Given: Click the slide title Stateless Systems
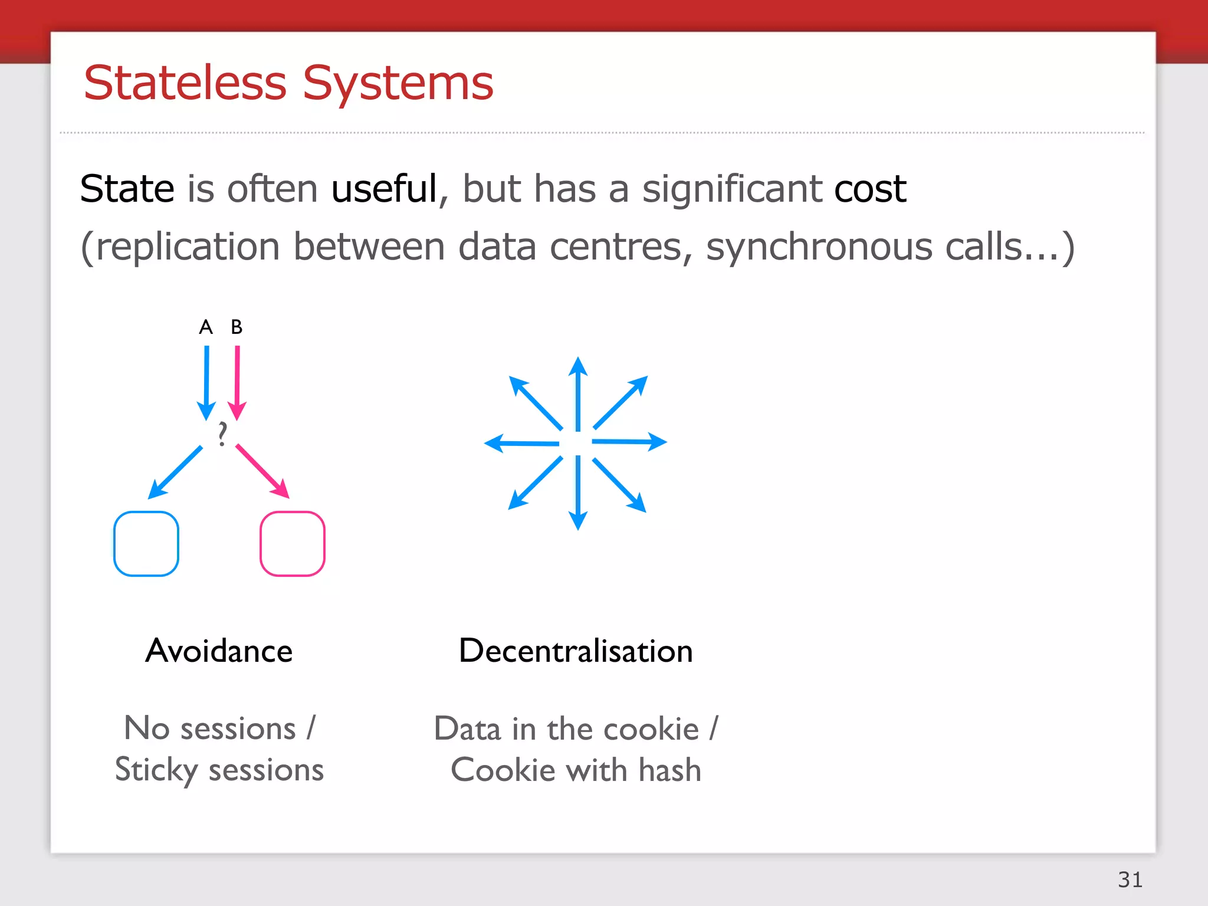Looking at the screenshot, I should tap(288, 83).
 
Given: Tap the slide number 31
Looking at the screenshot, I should tap(1130, 879).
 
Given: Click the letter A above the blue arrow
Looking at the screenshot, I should tap(206, 327).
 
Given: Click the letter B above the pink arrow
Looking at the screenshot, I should tap(237, 327).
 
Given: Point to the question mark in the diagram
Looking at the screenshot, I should tap(222, 434).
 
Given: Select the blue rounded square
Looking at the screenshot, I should tap(146, 544).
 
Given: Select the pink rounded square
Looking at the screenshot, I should tap(293, 544).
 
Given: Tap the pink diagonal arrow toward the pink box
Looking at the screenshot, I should tap(262, 471).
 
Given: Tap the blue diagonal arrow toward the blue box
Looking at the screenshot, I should tap(175, 472).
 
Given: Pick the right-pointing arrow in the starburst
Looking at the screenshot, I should tap(629, 442).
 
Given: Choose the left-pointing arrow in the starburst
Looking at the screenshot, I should tap(522, 443).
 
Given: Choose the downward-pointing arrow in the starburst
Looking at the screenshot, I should tap(578, 493).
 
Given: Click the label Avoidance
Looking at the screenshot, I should tap(219, 651).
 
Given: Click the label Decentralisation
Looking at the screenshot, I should tap(576, 651).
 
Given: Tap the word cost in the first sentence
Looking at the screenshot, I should tap(870, 189).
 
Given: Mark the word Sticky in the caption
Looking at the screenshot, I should tap(156, 770).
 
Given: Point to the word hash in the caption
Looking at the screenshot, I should tap(669, 770).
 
